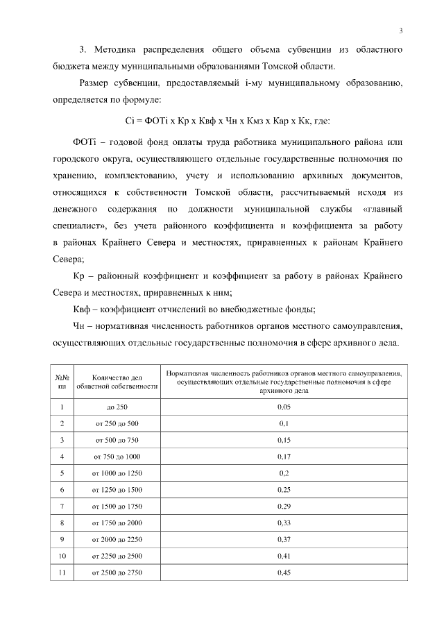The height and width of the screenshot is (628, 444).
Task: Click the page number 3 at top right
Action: (x=401, y=29)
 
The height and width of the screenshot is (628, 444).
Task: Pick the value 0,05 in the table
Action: (x=284, y=407)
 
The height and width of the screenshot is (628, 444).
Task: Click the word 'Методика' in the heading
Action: (x=116, y=50)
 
